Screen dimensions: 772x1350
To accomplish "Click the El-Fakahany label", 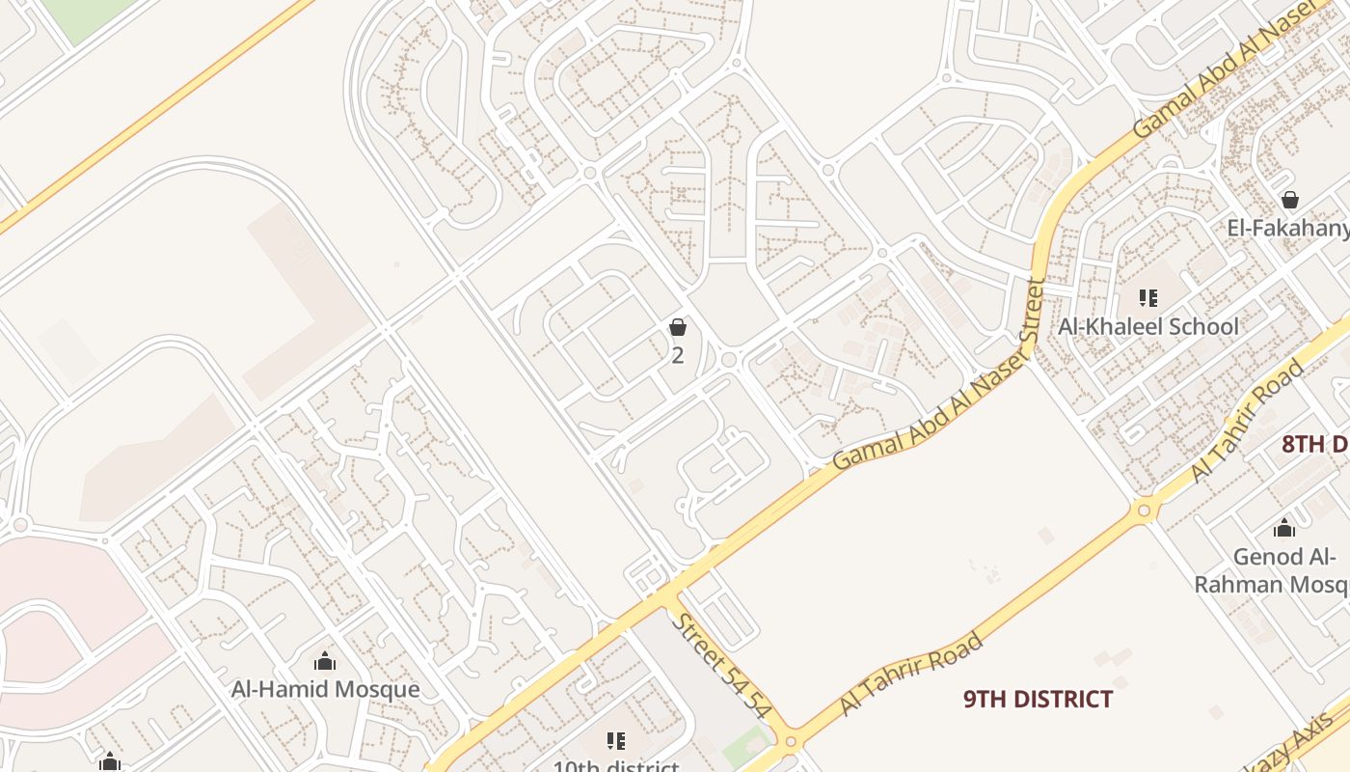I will point(1287,228).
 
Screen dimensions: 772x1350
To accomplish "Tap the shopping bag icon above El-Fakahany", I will point(1289,200).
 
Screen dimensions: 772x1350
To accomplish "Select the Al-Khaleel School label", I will point(1147,326).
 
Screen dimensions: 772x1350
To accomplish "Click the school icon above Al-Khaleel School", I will point(1147,297).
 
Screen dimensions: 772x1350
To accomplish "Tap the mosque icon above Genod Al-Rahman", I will point(1283,528).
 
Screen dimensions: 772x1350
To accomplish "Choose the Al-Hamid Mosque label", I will point(325,689).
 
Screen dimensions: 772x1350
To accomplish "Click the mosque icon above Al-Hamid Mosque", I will point(325,660).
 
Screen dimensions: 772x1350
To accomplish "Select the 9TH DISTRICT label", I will point(1038,699).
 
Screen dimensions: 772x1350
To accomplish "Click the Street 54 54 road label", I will point(722,665).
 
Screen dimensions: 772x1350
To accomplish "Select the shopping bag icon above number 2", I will point(678,327).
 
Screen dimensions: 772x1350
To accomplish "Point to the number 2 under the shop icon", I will point(678,355).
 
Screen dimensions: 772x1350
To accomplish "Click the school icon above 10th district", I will point(616,741).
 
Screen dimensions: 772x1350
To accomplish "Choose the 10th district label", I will point(615,766).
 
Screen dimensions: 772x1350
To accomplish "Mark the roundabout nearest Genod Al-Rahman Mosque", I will point(1145,510).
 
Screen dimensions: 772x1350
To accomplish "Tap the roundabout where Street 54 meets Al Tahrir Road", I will point(792,741).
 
